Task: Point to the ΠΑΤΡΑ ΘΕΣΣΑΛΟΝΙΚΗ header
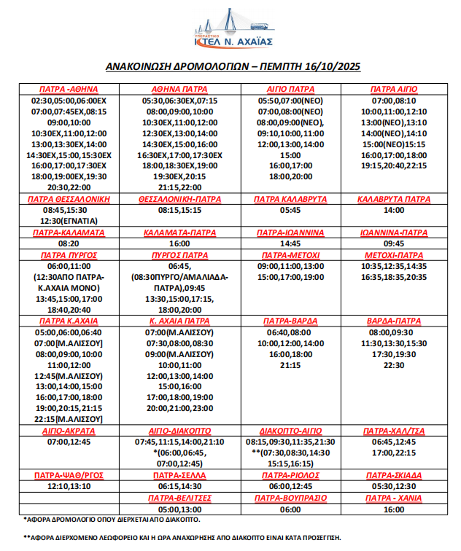point(69,198)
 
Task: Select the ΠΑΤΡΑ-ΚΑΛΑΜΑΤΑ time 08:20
point(69,243)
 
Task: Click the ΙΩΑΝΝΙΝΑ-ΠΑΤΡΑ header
point(393,232)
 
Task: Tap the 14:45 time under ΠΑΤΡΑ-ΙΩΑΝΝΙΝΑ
point(290,243)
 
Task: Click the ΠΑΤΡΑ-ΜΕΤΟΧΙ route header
point(290,255)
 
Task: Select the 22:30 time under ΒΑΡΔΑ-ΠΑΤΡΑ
point(393,365)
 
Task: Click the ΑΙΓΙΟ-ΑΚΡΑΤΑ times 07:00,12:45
point(69,442)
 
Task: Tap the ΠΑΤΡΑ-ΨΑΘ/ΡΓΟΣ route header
point(69,474)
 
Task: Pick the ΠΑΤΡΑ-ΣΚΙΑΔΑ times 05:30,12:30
point(393,486)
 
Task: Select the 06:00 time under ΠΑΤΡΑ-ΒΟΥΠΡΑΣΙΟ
point(290,509)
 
